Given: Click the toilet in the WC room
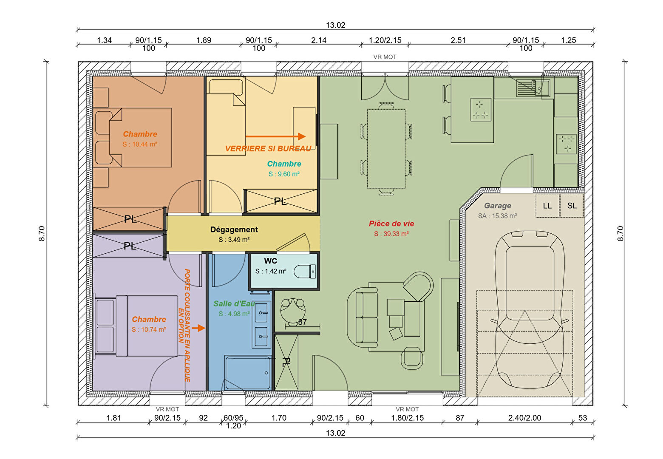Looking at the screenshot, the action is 305,271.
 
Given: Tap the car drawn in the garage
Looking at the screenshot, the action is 530,309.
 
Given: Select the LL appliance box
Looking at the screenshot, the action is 547,206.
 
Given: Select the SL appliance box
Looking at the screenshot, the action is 572,206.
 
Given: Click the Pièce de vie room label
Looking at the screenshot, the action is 391,224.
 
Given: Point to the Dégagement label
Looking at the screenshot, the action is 234,229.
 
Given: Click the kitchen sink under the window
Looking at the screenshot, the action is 533,88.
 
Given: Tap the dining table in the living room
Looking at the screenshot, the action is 386,149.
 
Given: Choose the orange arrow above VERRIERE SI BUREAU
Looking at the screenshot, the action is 275,136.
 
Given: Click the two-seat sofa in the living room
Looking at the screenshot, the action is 363,317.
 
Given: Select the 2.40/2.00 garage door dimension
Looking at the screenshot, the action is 524,418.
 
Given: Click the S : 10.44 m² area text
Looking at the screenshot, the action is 140,144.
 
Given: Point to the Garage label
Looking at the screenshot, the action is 498,206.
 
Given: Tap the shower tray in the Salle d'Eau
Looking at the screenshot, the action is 248,373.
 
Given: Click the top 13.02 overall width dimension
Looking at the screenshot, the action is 336,25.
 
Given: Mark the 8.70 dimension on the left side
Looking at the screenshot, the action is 42,233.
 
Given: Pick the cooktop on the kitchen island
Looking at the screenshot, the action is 481,110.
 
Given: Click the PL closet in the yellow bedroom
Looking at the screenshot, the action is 280,201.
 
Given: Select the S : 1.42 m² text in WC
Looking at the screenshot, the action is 271,271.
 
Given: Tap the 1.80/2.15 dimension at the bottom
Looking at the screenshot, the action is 407,418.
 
